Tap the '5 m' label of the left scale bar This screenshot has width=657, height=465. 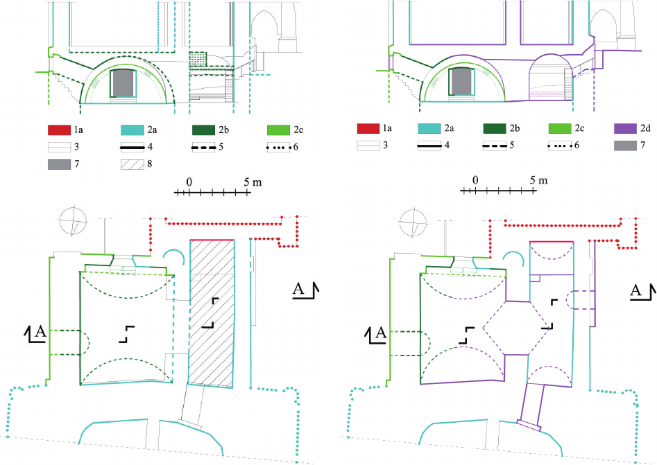coord(253,182)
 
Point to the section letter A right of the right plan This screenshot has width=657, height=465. coord(635,289)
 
